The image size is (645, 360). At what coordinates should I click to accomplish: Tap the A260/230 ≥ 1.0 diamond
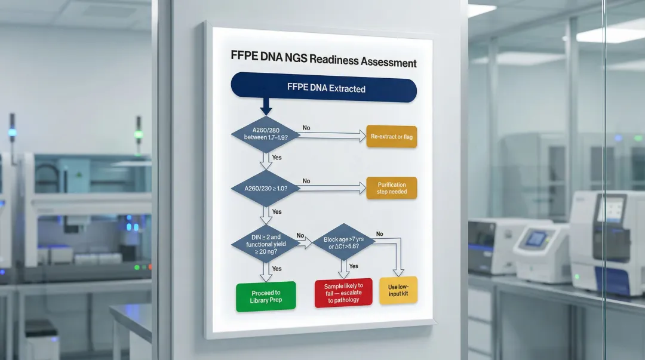[264, 188]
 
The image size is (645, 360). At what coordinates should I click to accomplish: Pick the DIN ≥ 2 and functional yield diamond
[263, 243]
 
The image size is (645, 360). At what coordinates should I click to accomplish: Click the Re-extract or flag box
[392, 137]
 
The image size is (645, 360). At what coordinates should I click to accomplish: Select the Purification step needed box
[392, 188]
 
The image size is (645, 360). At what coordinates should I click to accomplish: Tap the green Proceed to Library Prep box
[266, 296]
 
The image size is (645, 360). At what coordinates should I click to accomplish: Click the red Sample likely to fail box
[343, 293]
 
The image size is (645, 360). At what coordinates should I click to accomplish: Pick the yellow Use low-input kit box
[398, 291]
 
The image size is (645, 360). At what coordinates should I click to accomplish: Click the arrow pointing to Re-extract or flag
[331, 137]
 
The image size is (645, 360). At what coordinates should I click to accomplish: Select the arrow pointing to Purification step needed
[331, 189]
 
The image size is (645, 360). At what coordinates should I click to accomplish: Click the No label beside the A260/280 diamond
[306, 128]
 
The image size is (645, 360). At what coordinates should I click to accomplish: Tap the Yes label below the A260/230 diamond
[277, 212]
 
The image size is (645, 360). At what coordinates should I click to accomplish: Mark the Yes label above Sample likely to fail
[354, 266]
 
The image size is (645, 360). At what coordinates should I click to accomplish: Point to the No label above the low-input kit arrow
[379, 234]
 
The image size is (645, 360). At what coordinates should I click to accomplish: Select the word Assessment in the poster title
[389, 63]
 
